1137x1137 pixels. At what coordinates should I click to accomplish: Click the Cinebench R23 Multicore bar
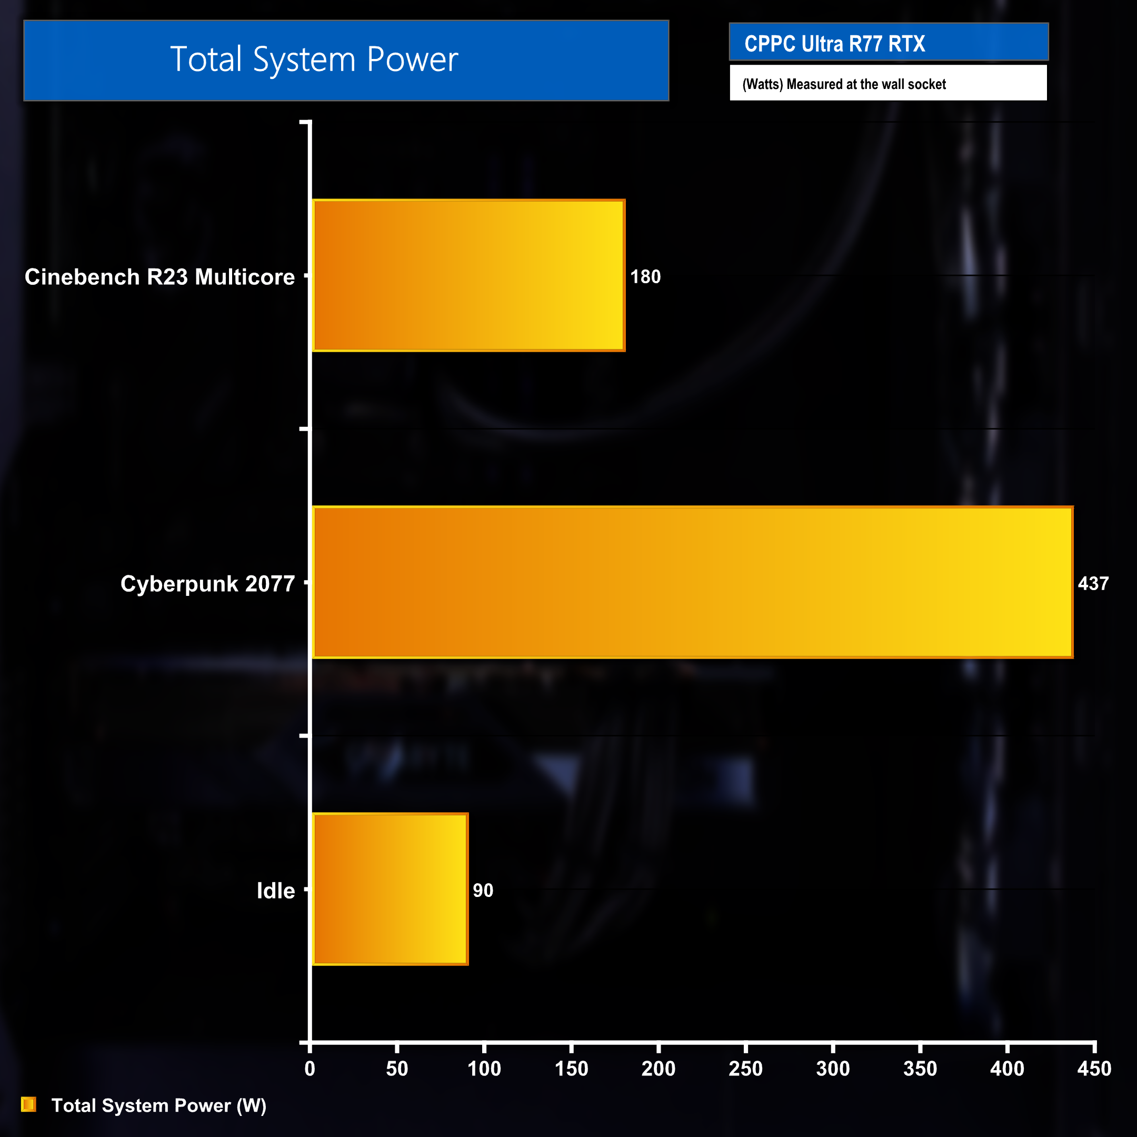point(468,275)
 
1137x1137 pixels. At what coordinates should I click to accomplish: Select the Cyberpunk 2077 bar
point(693,582)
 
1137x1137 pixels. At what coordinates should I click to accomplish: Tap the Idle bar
point(390,889)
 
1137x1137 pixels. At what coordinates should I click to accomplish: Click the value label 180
point(645,276)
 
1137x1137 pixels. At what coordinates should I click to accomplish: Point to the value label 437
point(1093,583)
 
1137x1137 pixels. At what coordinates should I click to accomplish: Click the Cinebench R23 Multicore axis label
point(159,276)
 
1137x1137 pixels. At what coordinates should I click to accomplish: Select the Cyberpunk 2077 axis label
point(207,583)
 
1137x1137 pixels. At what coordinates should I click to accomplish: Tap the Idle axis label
point(275,891)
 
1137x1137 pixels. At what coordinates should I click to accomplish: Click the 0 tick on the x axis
point(310,1068)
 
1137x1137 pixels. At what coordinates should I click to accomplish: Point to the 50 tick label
point(397,1068)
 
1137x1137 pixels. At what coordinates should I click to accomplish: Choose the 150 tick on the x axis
point(571,1068)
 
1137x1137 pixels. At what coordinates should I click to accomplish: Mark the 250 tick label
point(745,1068)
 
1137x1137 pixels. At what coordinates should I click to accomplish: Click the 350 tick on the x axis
point(920,1068)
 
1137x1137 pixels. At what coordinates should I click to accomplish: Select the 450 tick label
point(1094,1068)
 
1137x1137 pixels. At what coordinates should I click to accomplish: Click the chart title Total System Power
point(314,59)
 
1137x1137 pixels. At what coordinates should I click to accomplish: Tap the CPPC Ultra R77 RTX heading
point(834,44)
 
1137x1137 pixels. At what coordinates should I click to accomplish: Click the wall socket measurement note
point(843,84)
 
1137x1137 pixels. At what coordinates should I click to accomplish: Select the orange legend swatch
point(28,1105)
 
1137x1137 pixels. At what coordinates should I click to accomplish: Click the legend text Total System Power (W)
point(159,1105)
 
